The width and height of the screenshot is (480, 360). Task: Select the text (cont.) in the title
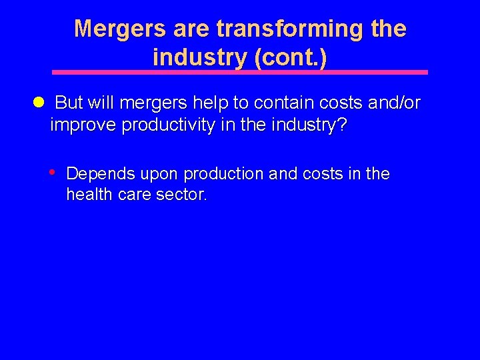291,58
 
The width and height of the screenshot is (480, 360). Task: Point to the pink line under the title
240,72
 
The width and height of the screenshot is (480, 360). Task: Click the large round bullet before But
39,103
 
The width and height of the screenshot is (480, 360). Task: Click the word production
223,174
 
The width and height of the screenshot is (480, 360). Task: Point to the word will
102,103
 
